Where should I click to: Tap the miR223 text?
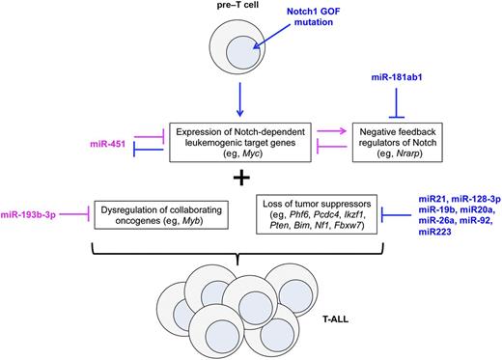coord(417,234)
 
